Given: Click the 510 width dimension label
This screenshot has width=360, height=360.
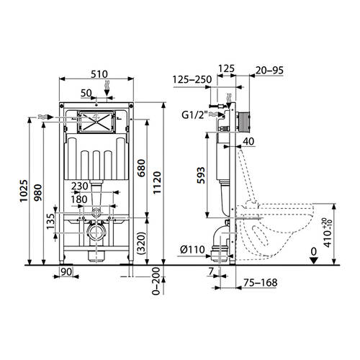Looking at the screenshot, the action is [99, 74].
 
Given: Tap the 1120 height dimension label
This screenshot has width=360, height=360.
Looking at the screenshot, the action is [157, 183].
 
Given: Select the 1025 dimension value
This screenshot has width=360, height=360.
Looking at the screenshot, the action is [24, 191].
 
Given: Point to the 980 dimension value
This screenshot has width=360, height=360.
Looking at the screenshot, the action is [38, 193].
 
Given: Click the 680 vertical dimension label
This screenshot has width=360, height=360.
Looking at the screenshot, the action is [141, 168].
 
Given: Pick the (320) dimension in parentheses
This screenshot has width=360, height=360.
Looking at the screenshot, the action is [141, 243].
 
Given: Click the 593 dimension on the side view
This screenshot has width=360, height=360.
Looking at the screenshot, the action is [201, 176].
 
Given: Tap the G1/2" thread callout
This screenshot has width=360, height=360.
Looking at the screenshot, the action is [194, 115].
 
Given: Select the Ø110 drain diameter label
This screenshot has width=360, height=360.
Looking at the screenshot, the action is [193, 250].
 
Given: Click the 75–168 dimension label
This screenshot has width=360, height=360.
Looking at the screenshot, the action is [261, 282].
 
